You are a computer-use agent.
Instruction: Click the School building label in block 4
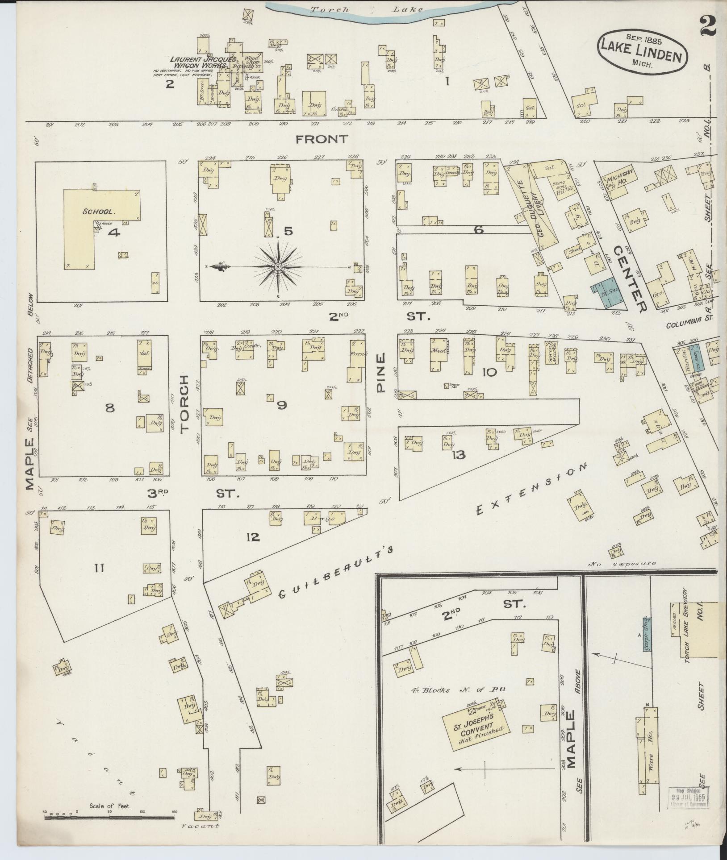coord(99,212)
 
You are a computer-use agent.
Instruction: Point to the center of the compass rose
coord(278,266)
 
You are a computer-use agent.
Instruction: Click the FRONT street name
coord(321,139)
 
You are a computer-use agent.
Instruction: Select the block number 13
coord(458,455)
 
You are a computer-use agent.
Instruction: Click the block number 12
coord(252,537)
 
